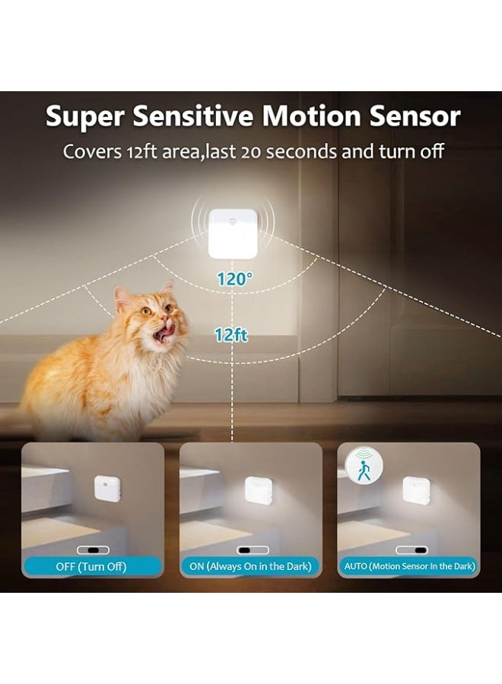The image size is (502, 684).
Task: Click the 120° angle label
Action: (233, 279)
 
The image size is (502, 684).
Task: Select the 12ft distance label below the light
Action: (231, 334)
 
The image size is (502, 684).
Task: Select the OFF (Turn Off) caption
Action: (91, 566)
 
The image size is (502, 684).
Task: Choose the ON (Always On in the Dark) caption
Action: (250, 566)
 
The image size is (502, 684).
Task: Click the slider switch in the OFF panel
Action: (93, 549)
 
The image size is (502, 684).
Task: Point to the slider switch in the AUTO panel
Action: (411, 549)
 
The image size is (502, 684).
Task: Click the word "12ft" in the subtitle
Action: (144, 151)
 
